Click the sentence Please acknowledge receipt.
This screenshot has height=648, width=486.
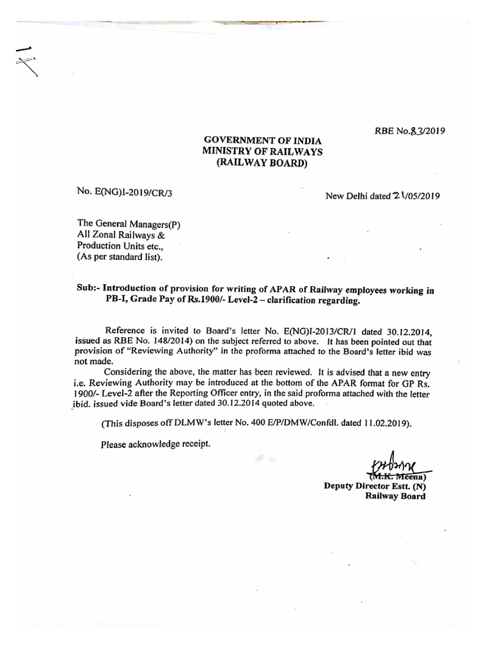click(x=154, y=444)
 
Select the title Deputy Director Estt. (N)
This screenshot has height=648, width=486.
click(x=375, y=486)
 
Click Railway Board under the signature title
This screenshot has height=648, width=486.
click(x=395, y=497)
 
